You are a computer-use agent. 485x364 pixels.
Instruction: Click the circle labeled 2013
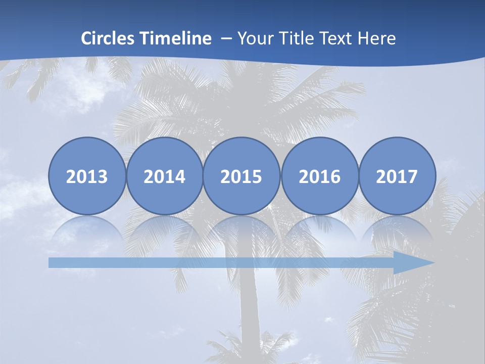pos(87,176)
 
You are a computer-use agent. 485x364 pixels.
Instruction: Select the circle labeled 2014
pos(164,176)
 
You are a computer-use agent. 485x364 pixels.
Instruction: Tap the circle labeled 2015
pos(241,176)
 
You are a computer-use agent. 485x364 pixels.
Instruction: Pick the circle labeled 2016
pos(319,176)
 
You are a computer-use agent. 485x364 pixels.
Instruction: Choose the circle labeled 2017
pos(397,176)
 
